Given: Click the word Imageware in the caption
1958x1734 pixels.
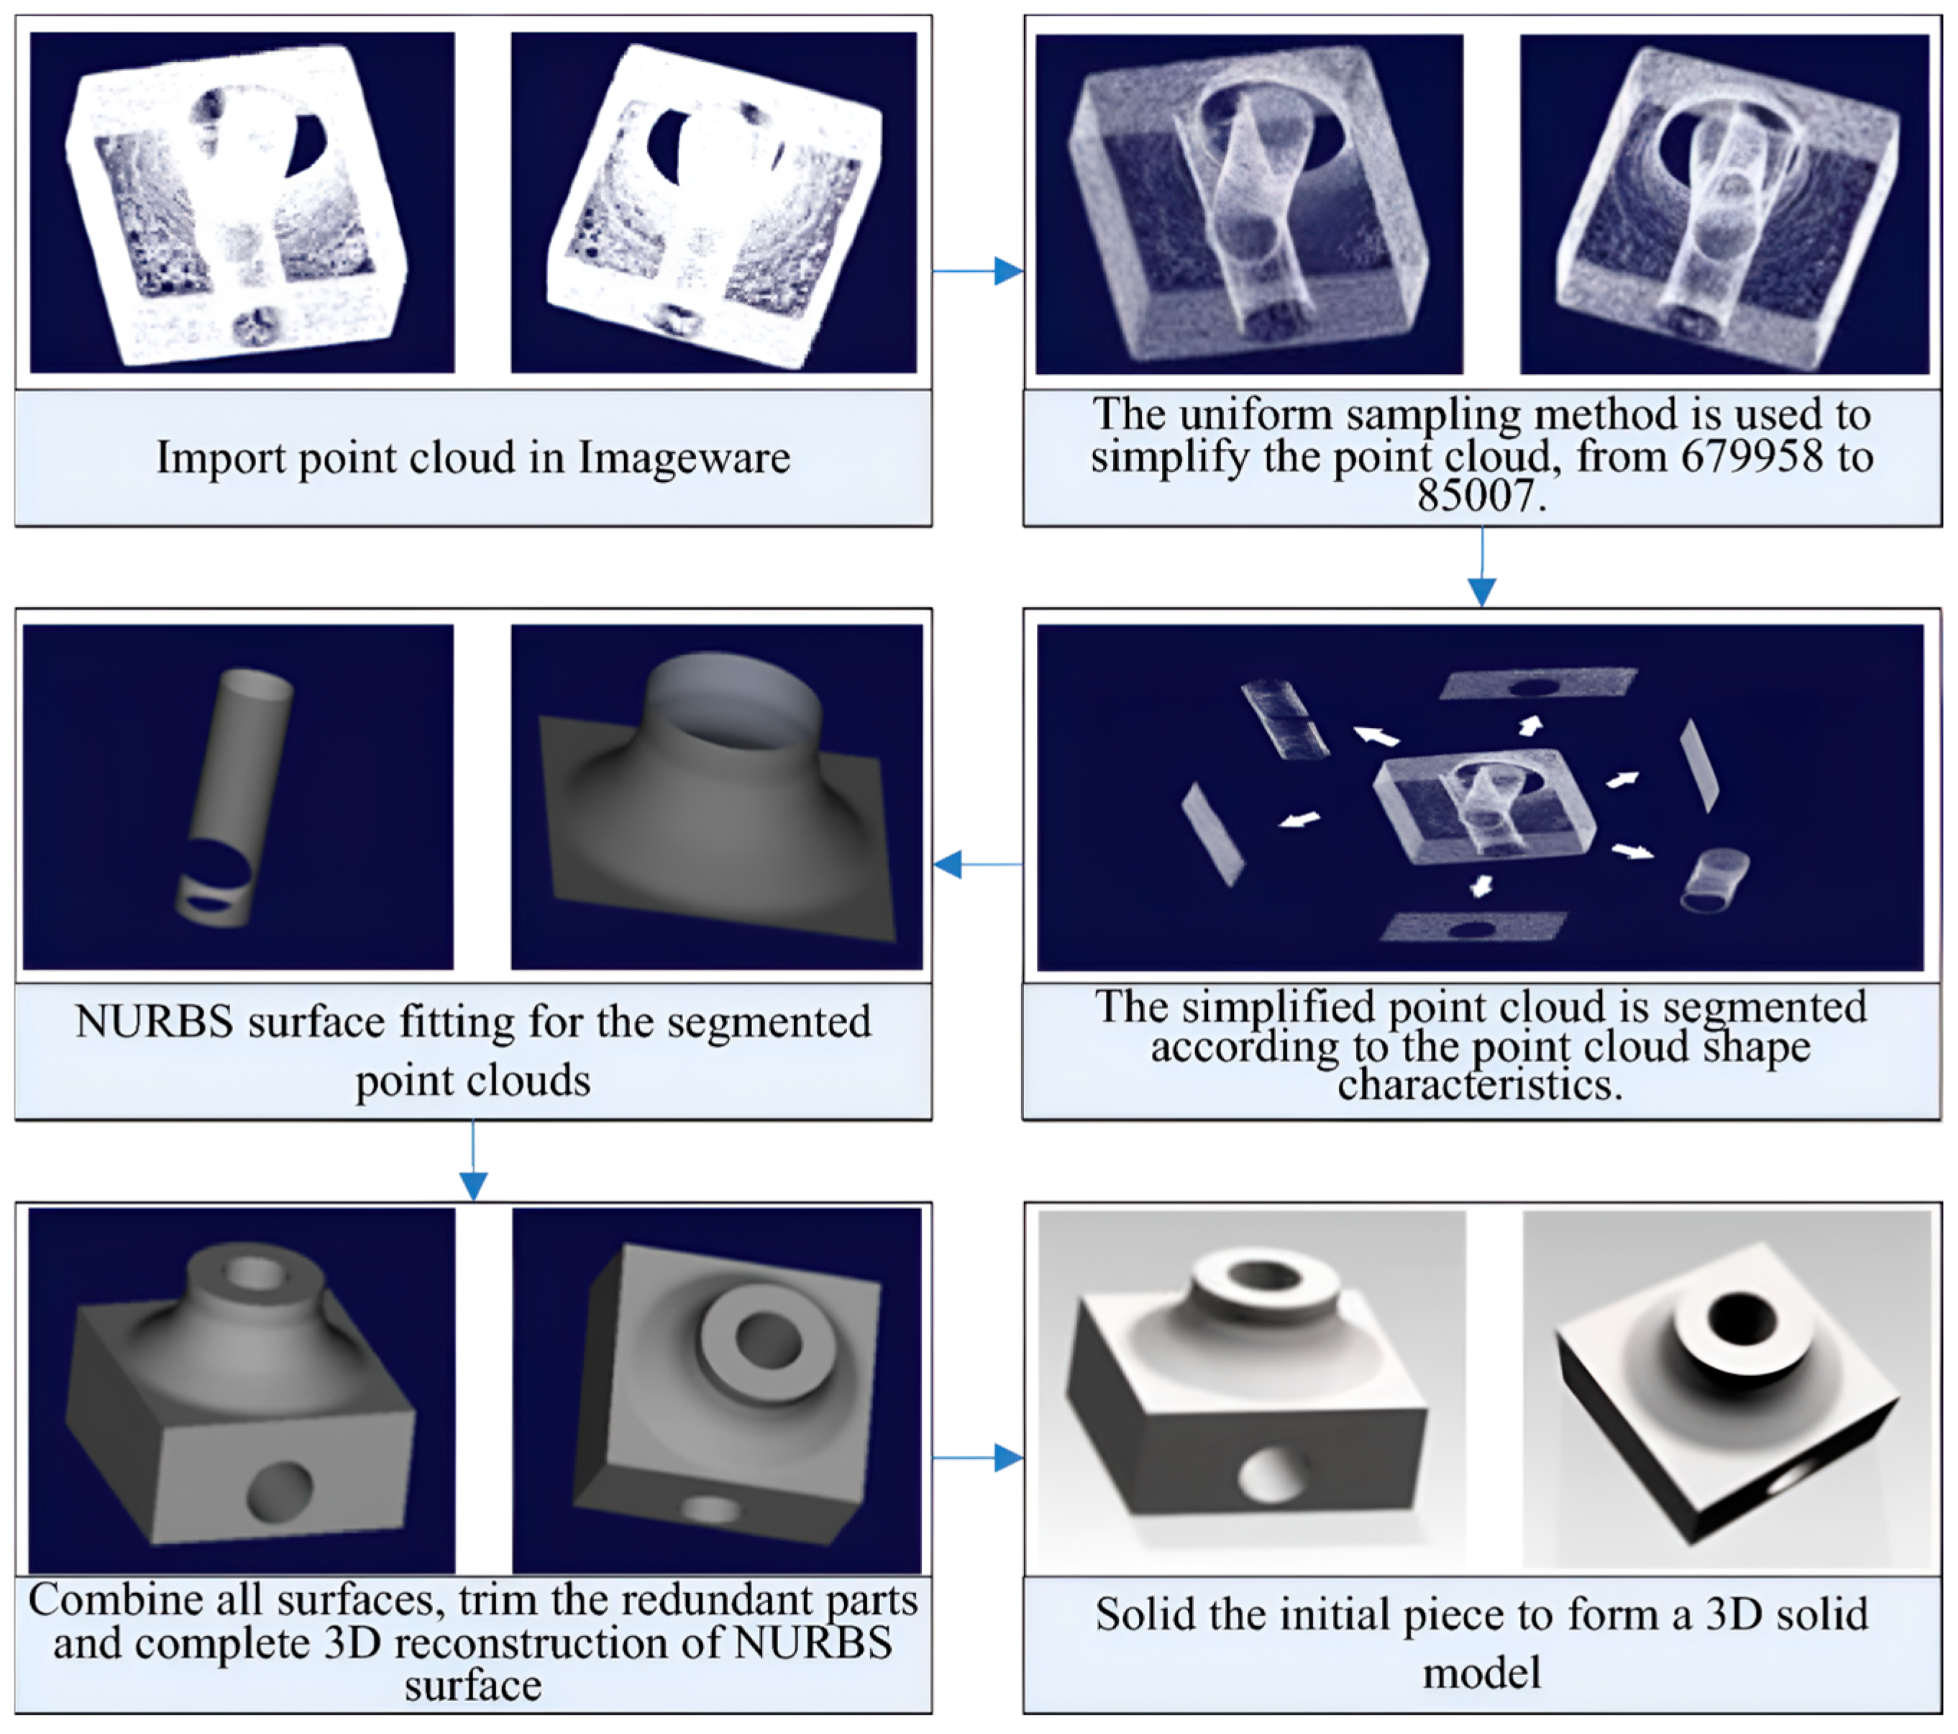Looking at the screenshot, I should coord(684,458).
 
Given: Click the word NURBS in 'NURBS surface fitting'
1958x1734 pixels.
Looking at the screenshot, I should coord(153,1022).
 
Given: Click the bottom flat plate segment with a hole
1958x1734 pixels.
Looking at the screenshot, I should coord(1473,926).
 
